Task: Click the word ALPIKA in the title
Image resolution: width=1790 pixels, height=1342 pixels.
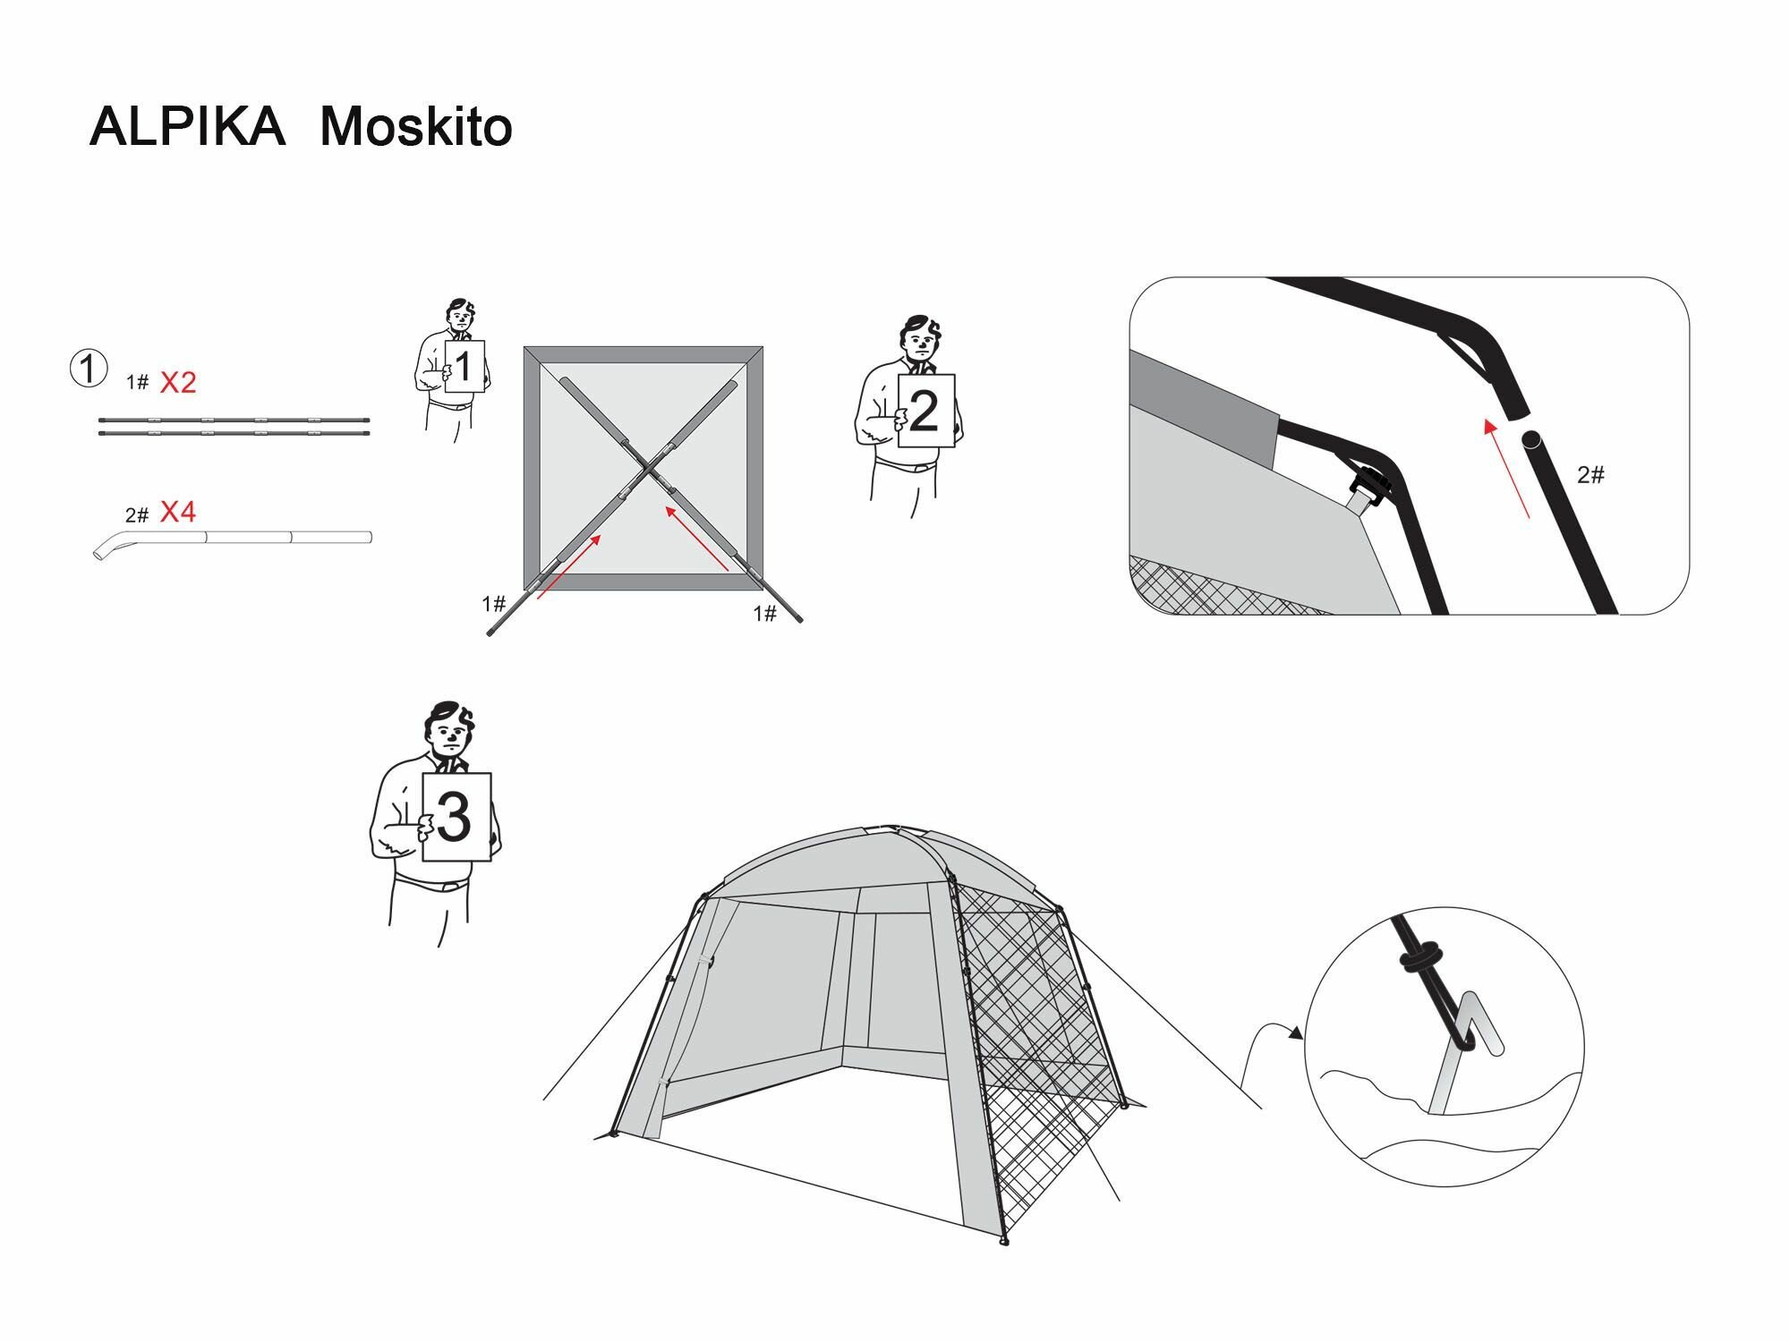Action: tap(187, 127)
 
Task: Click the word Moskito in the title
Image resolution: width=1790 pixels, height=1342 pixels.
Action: tap(415, 127)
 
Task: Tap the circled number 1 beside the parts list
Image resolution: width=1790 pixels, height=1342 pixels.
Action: tap(89, 369)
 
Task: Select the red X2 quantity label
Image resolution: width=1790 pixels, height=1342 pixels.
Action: tap(178, 383)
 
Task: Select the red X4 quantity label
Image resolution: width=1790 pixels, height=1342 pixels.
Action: tap(178, 513)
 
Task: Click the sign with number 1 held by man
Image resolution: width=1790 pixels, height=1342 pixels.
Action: tap(464, 366)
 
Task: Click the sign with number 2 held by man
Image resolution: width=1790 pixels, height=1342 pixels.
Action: tap(925, 411)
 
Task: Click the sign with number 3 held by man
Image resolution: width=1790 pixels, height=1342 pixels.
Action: tap(456, 816)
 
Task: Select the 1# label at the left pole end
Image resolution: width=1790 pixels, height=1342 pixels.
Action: tap(494, 605)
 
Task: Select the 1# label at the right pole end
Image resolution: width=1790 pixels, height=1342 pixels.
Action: tap(764, 614)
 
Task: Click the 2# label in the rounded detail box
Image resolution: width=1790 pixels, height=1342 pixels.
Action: tap(1590, 475)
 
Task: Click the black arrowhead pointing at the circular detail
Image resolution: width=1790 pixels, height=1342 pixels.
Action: tap(1294, 1033)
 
